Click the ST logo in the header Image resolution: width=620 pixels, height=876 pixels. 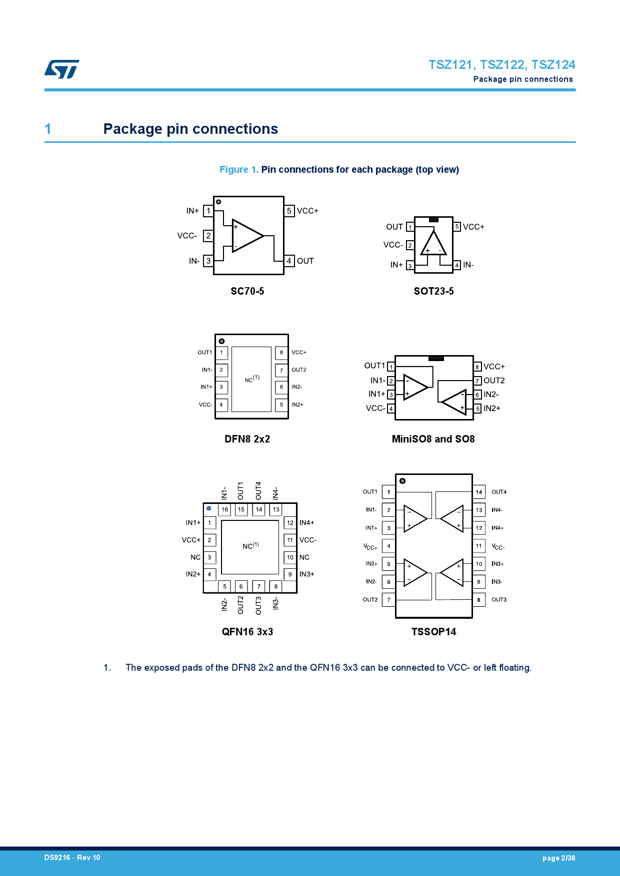point(61,69)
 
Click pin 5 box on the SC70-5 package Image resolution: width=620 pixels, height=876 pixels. point(289,211)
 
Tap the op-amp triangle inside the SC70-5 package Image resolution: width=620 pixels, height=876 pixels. point(247,235)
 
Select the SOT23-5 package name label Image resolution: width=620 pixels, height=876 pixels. point(433,291)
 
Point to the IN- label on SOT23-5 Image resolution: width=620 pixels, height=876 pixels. point(468,265)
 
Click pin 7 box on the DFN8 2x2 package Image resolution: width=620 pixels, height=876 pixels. point(281,371)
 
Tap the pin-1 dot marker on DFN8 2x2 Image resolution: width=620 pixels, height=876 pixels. point(221,341)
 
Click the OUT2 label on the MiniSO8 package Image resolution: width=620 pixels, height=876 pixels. point(494,381)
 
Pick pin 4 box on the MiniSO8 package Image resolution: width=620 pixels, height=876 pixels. point(391,409)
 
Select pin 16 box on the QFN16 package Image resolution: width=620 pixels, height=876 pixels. point(224,509)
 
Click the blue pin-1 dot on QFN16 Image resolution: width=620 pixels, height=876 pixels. point(209,508)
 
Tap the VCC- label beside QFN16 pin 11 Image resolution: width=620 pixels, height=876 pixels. point(308,540)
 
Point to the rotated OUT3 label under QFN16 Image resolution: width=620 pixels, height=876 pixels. point(258,605)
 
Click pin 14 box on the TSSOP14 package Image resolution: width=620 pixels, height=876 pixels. point(479,492)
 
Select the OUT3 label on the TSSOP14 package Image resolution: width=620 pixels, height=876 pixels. point(499,600)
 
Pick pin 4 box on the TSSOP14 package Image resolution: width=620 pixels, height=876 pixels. point(388,546)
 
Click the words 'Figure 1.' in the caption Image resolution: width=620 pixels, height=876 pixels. point(239,170)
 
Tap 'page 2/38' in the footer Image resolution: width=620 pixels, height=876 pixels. point(558,858)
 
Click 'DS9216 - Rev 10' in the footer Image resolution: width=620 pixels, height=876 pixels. point(72,858)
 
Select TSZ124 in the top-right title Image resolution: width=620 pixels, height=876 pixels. point(553,65)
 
